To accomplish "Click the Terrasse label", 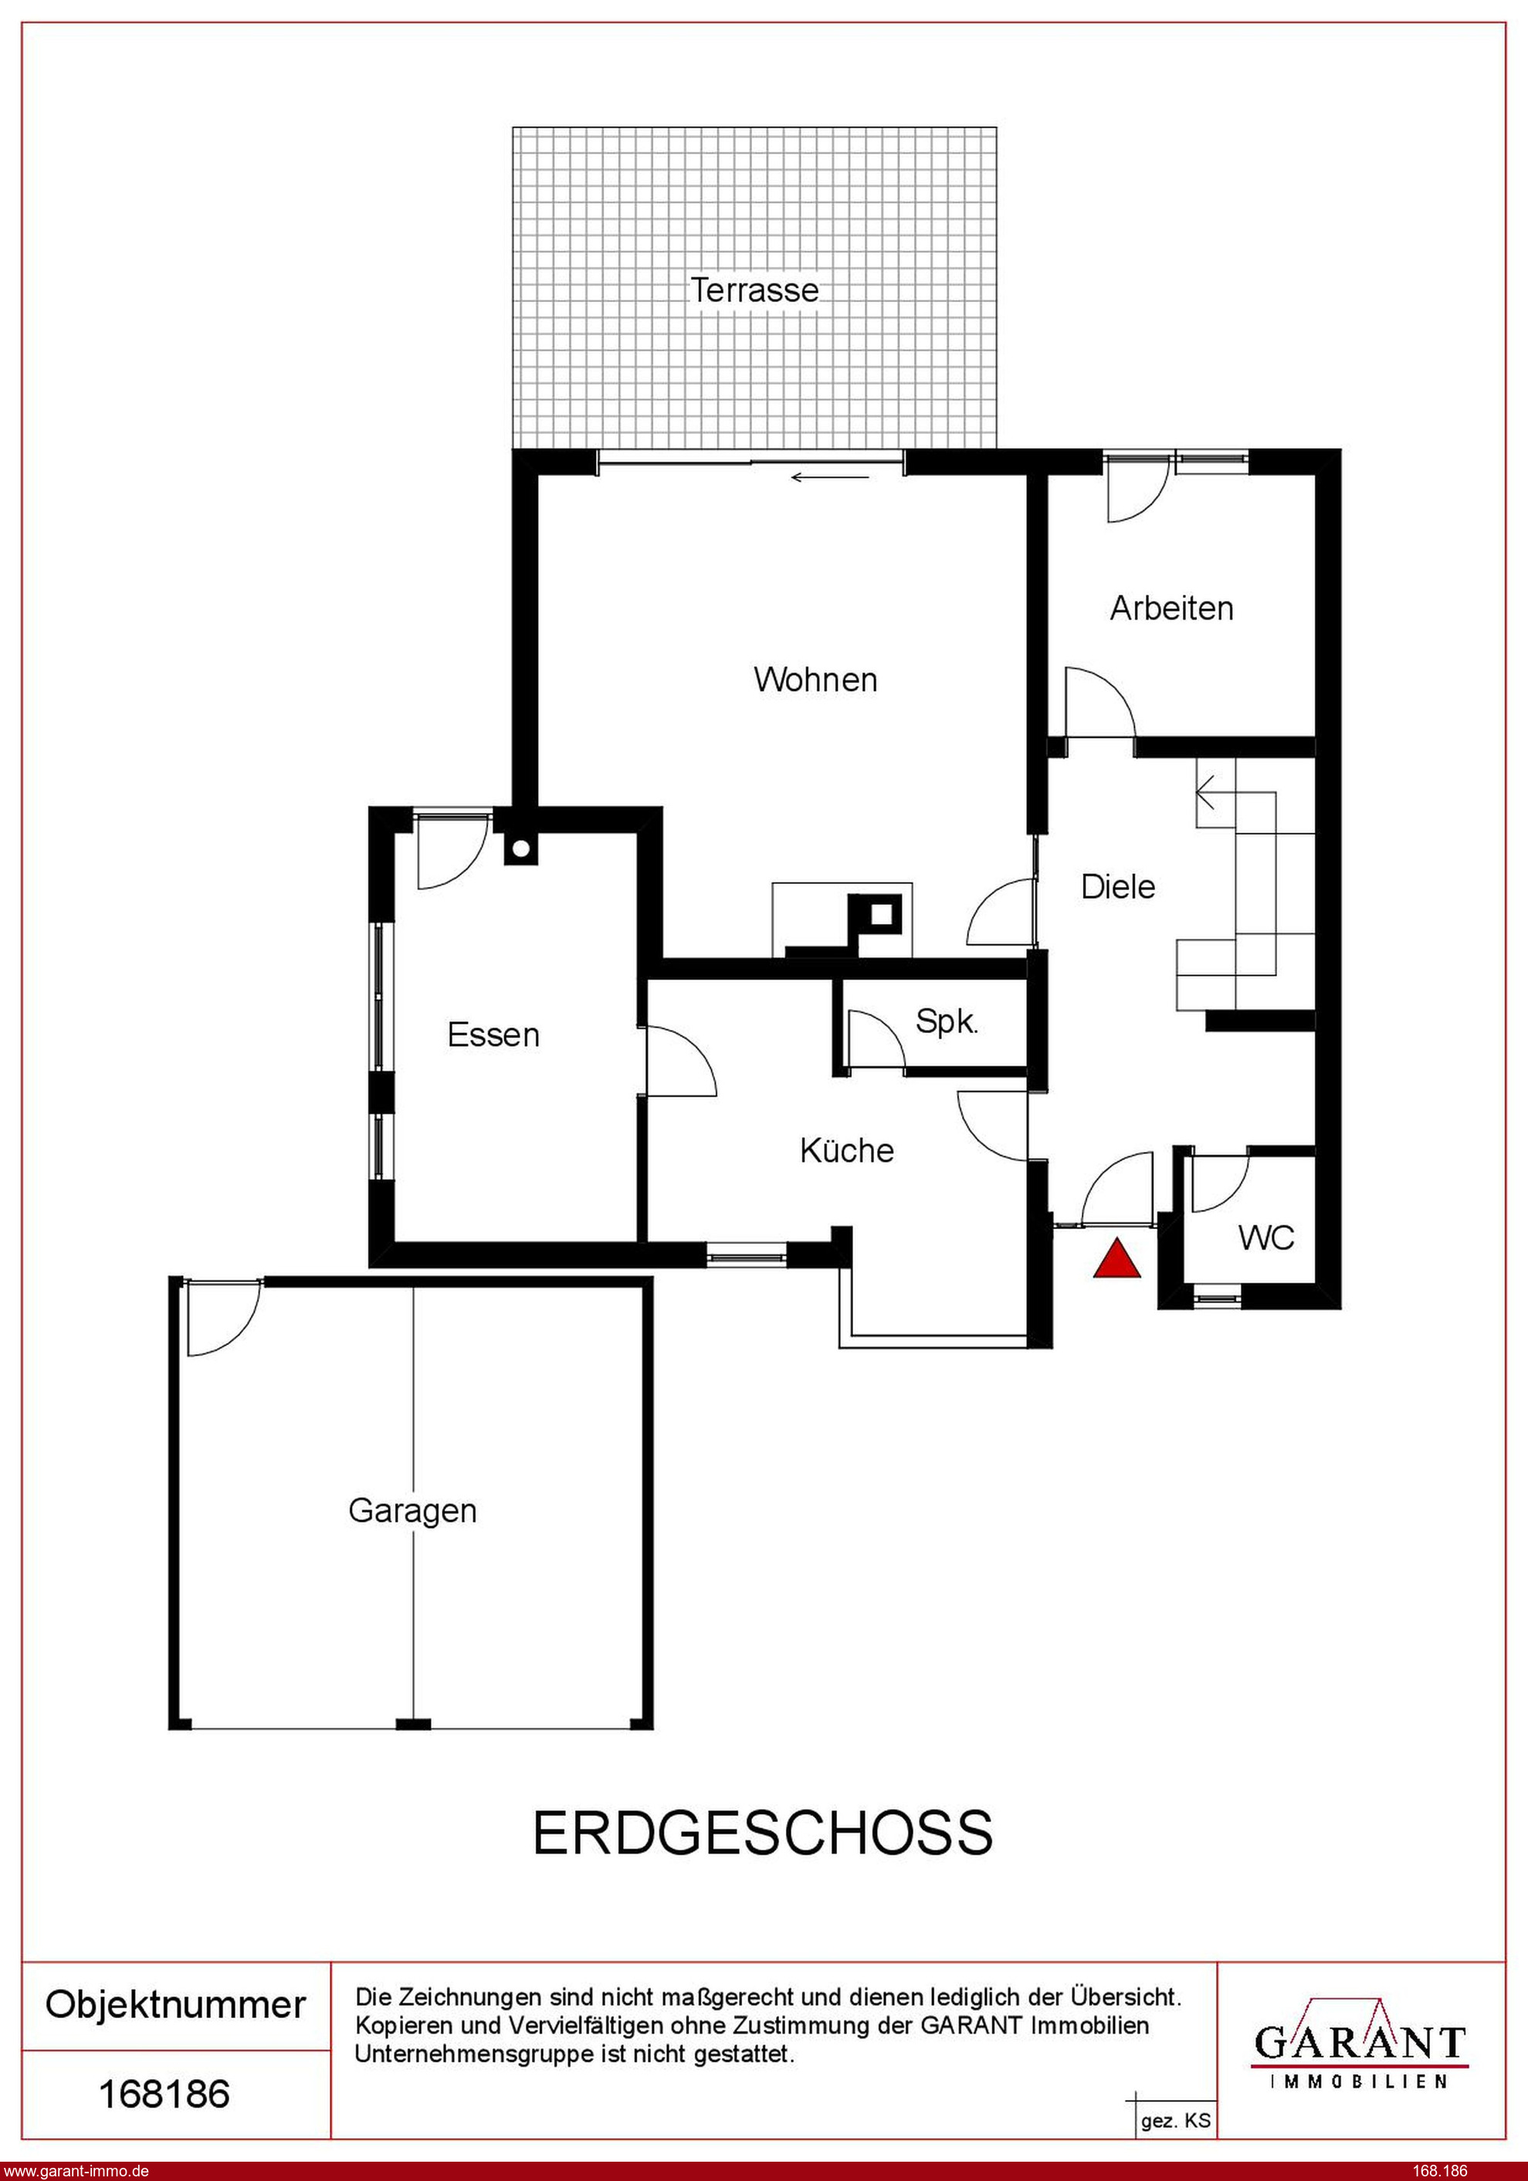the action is pyautogui.click(x=754, y=290).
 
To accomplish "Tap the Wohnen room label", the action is pyautogui.click(x=815, y=680).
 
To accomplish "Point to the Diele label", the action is pyautogui.click(x=1119, y=886).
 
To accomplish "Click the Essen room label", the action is pyautogui.click(x=493, y=1035).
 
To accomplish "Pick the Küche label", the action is pyautogui.click(x=847, y=1150).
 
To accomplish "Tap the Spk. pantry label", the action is pyautogui.click(x=947, y=1022).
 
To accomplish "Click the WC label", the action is pyautogui.click(x=1265, y=1238).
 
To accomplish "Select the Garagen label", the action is pyautogui.click(x=412, y=1512).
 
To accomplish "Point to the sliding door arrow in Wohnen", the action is pyautogui.click(x=829, y=477).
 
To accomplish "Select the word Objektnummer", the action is pyautogui.click(x=176, y=2005).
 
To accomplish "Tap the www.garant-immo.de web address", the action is pyautogui.click(x=75, y=2170).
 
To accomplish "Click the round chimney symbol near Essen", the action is pyautogui.click(x=520, y=849).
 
